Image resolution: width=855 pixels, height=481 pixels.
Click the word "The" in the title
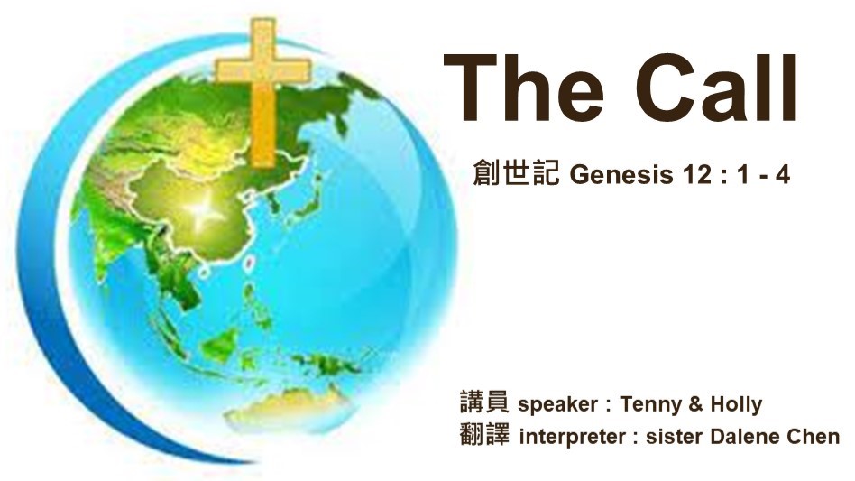524,88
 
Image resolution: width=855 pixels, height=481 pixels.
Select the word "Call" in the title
716,87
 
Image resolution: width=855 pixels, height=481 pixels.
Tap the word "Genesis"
621,175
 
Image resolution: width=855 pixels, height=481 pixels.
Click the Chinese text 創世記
517,173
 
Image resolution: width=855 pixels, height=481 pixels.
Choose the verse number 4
783,175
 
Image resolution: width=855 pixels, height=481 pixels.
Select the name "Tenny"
650,404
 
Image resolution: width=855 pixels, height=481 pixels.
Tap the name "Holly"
736,404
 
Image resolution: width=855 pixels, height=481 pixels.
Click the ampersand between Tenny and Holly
695,404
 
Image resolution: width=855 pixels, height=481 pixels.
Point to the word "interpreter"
572,437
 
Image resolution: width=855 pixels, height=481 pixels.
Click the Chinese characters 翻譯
484,435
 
